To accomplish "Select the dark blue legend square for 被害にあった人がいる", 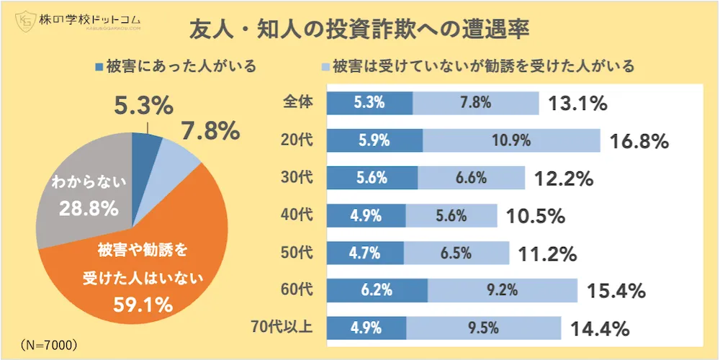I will point(98,67).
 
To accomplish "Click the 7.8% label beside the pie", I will point(210,131).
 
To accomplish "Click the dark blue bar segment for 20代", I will point(374,140).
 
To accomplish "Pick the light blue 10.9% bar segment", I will point(511,140).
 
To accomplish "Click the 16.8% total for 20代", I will point(639,141).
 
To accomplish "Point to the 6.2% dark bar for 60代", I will point(377,290).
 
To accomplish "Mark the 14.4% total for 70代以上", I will point(600,329).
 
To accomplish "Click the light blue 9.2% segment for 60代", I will point(502,290).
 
